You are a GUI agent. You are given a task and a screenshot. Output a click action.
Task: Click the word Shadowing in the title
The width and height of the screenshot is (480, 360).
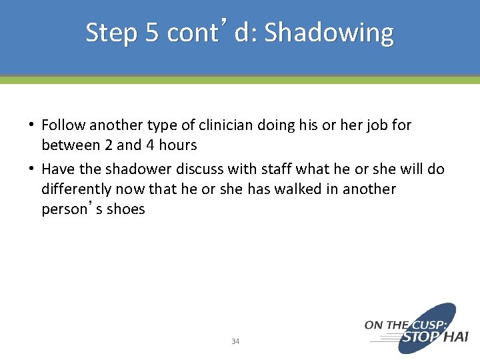point(329,33)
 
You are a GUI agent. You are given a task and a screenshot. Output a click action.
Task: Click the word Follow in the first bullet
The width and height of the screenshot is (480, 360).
point(63,125)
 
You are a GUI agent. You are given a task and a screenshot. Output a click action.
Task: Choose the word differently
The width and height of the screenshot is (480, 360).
point(76,189)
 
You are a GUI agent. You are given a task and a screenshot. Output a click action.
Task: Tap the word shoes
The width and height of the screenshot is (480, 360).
point(127,209)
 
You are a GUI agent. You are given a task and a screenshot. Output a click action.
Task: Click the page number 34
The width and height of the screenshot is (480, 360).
point(235,341)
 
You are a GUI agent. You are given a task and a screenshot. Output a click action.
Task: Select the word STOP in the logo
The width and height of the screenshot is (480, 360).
point(421,338)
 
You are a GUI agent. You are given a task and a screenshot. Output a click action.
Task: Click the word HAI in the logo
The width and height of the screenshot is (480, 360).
point(456,338)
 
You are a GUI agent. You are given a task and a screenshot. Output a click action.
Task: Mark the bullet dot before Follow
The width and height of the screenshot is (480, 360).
point(32,125)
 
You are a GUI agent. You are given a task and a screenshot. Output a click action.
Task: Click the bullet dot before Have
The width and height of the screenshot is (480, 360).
point(32,169)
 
